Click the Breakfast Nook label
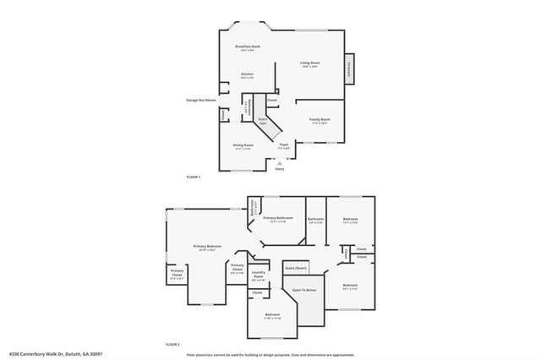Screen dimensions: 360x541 click(248, 47)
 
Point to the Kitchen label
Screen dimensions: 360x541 click(247, 75)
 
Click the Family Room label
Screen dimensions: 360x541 click(319, 120)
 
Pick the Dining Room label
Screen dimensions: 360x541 click(243, 145)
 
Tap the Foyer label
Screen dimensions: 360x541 click(284, 145)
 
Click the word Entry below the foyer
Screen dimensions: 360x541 click(280, 168)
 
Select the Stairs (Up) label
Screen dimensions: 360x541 click(263, 122)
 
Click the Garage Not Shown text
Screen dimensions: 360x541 click(201, 100)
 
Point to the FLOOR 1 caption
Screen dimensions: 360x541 click(193, 176)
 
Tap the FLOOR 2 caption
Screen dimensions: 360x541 click(172, 345)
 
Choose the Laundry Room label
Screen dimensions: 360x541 click(260, 273)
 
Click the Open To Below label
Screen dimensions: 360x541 click(304, 290)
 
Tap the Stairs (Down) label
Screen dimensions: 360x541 click(295, 267)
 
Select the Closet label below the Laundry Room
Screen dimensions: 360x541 click(257, 292)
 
